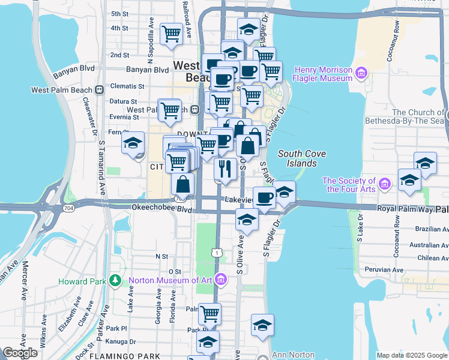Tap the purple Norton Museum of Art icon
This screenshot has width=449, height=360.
pos(221,280)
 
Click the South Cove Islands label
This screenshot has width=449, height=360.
pos(302,158)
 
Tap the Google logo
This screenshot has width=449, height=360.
pos(20,353)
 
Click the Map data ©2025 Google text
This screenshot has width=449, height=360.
pos(411,355)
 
